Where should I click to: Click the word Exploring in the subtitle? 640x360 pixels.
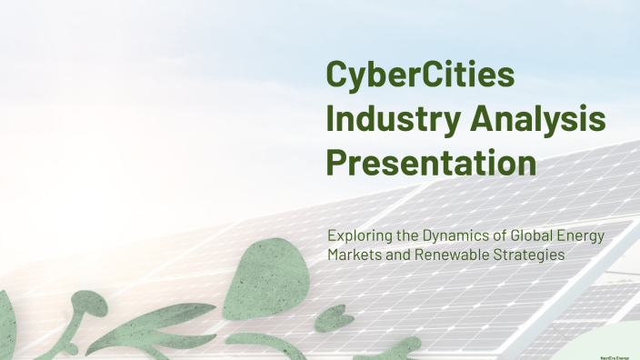(x=358, y=236)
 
